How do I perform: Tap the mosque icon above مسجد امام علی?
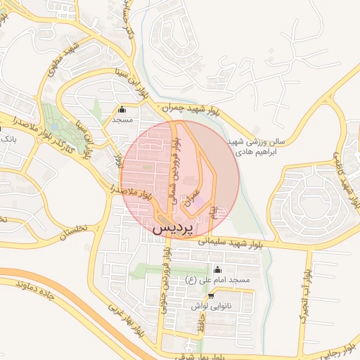(217, 269)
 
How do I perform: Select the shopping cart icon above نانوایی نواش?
(210, 296)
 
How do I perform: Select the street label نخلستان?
(70, 233)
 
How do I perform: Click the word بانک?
(9, 139)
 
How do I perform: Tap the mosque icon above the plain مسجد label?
(122, 109)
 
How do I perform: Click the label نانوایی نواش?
(210, 307)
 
